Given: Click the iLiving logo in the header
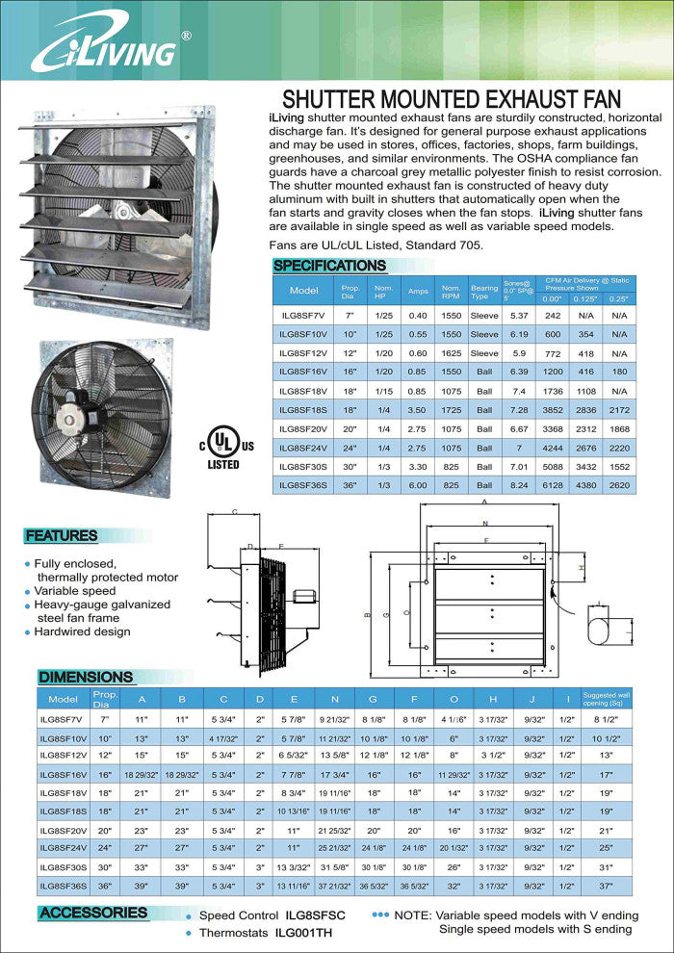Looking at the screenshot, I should pos(106,48).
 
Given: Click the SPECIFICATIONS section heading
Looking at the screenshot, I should pos(329,266).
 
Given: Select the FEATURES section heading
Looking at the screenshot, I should pos(62,535).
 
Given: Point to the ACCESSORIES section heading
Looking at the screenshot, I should pos(93,913).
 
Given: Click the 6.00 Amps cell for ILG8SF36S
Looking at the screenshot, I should pos(418,486).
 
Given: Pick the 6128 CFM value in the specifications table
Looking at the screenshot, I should pos(553,486).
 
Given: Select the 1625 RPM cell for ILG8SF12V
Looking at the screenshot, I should pos(451,354).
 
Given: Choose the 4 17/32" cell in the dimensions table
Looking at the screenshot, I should pos(223,737).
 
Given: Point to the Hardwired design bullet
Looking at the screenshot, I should pos(82,631).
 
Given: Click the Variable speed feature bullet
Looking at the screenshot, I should pos(75,591).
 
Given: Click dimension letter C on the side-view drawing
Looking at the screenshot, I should pos(235,513).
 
